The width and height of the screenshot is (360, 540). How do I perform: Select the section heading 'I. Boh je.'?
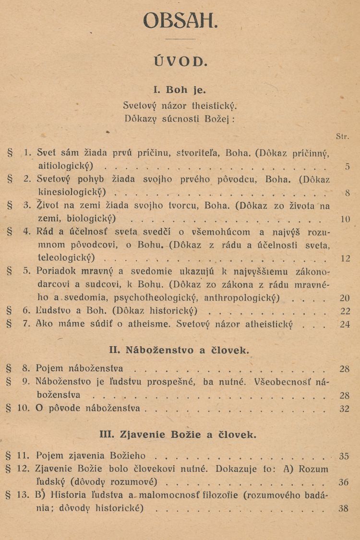pyautogui.click(x=180, y=90)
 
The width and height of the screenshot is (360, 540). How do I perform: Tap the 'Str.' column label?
pyautogui.click(x=342, y=136)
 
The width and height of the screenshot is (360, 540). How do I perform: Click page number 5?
pyautogui.click(x=347, y=167)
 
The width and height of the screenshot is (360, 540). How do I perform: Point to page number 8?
pyautogui.click(x=347, y=193)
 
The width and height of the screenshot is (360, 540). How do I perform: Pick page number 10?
pyautogui.click(x=345, y=220)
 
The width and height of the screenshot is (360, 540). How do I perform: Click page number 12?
pyautogui.click(x=345, y=258)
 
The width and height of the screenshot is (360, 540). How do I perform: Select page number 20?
pyautogui.click(x=345, y=297)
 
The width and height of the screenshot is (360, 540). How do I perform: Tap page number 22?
pyautogui.click(x=345, y=311)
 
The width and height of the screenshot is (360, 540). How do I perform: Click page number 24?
pyautogui.click(x=345, y=324)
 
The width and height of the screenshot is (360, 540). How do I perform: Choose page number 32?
pyautogui.click(x=345, y=409)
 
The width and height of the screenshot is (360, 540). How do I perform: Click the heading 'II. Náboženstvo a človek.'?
pyautogui.click(x=180, y=350)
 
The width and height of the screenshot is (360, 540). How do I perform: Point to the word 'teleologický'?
pyautogui.click(x=66, y=258)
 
